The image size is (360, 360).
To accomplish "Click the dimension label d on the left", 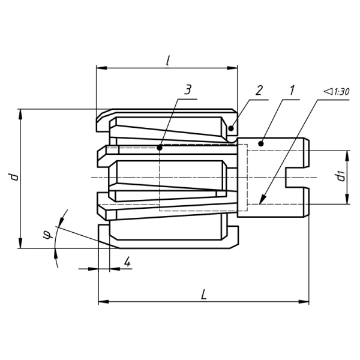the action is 14,177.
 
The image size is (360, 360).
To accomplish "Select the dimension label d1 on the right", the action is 340,176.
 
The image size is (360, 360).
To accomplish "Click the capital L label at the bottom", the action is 203,295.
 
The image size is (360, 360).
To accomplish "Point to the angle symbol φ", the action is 47,235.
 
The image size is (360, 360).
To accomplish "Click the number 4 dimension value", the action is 127,262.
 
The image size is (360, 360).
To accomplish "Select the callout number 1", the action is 292,90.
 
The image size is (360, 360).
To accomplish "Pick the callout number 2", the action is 259,90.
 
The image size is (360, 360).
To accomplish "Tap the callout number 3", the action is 188,90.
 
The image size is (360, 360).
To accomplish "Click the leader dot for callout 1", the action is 261,144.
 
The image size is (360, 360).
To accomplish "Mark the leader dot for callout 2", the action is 231,128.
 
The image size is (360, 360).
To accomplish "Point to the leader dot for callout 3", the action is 160,148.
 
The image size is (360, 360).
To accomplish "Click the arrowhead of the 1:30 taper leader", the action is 262,199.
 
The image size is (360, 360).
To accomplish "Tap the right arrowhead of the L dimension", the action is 304,301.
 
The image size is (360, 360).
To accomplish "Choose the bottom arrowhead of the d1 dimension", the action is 347,199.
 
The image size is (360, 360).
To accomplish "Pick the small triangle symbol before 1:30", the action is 328,91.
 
